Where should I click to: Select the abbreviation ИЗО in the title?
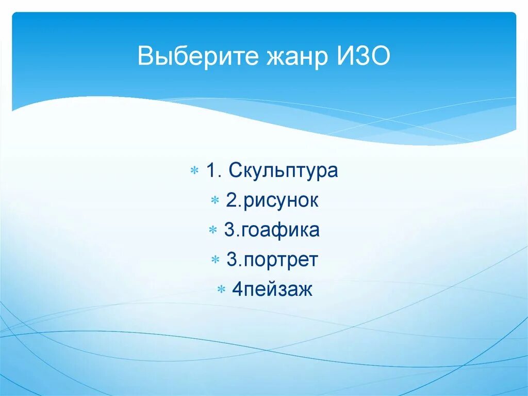click(x=364, y=56)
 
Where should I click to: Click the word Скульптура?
click(x=284, y=171)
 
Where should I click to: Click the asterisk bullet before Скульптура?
click(x=195, y=171)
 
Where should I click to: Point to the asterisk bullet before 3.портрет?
click(x=216, y=260)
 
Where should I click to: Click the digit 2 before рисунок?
click(x=230, y=200)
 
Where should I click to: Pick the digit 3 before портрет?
click(x=231, y=260)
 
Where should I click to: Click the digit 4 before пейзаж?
click(x=237, y=290)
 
